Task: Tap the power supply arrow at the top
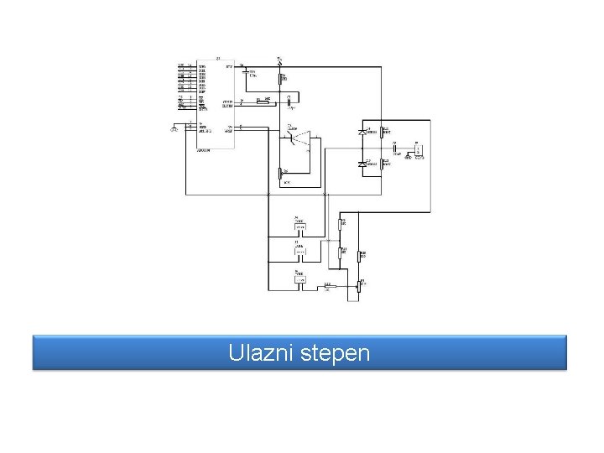point(280,60)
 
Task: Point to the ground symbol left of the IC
point(174,128)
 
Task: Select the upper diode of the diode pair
point(362,132)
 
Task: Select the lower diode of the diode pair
point(362,164)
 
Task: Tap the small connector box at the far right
point(417,149)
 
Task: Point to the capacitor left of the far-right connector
point(394,149)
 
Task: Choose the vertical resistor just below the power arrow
point(281,80)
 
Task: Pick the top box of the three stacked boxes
point(299,226)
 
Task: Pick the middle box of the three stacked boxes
point(299,251)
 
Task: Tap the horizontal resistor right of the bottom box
point(329,287)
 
